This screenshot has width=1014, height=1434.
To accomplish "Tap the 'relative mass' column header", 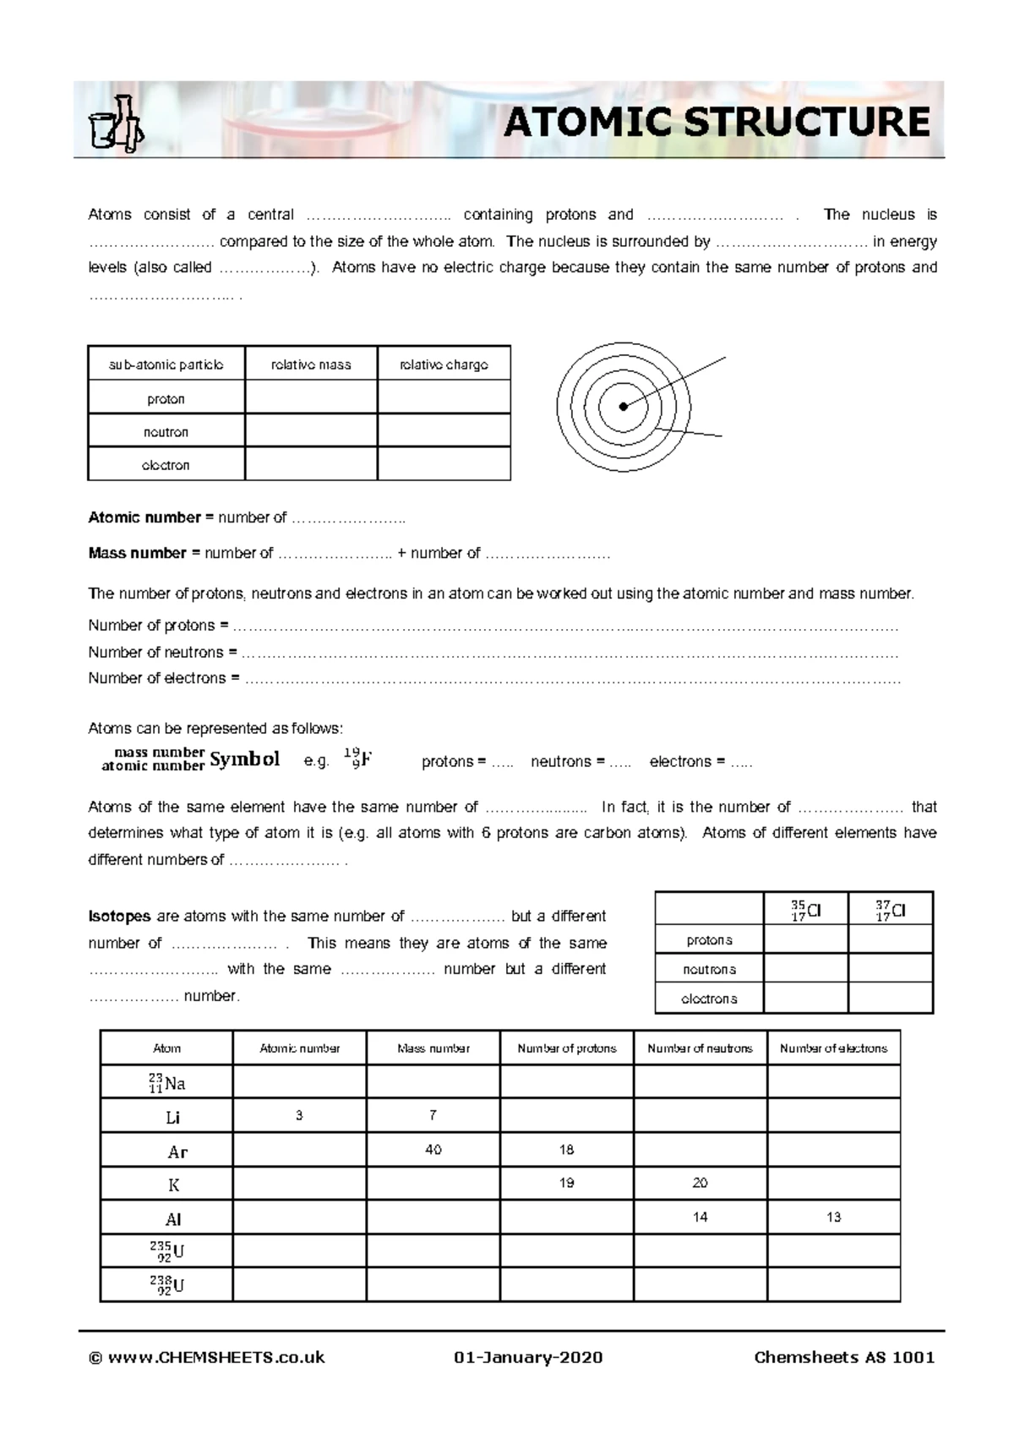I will [x=311, y=364].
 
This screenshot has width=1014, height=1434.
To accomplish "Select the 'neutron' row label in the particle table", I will [x=166, y=432].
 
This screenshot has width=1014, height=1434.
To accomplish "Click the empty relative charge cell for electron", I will [x=444, y=464].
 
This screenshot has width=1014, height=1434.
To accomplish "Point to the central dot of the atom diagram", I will [x=624, y=407].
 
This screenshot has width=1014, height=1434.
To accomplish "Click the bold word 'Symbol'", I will [x=244, y=759].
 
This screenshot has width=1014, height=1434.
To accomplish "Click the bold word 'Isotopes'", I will [x=119, y=917].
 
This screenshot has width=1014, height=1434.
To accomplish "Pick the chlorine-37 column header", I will [x=890, y=911].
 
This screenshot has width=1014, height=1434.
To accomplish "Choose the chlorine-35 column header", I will [x=805, y=911].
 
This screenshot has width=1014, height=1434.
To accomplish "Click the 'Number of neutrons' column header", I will [x=700, y=1048].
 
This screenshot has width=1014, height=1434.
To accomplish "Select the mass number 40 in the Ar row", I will [x=433, y=1150].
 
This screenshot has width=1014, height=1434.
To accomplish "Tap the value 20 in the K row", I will [x=700, y=1184].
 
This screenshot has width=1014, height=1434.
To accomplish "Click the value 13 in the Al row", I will [x=833, y=1218].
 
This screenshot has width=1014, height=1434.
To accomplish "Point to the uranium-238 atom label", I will [x=167, y=1285].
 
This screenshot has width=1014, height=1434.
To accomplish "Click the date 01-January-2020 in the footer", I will [x=528, y=1358].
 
